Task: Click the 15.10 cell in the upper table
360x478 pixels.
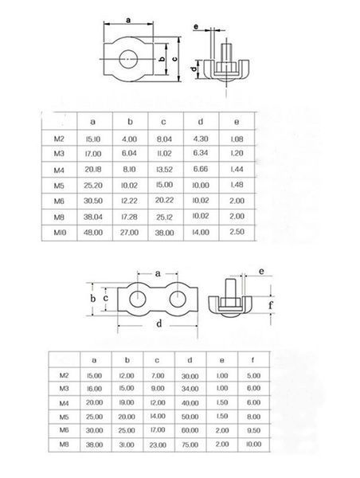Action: click(93, 139)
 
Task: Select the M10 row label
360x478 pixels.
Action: click(60, 233)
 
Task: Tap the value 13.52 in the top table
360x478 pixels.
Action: click(164, 170)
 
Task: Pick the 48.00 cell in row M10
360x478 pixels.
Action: click(93, 233)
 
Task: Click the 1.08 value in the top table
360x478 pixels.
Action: click(237, 139)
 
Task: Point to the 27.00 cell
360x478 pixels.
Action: click(129, 233)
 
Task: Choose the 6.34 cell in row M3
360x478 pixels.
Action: click(201, 153)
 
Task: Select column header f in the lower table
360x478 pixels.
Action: click(252, 360)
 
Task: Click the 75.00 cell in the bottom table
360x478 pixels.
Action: click(190, 445)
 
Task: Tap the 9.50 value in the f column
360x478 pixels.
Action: click(253, 430)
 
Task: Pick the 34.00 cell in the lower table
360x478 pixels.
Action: click(190, 389)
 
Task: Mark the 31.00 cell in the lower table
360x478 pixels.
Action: click(127, 445)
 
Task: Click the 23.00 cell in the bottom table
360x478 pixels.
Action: click(158, 445)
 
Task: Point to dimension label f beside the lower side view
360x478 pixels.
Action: click(270, 304)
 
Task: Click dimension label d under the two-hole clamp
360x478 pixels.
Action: click(158, 323)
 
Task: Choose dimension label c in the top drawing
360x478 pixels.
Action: click(174, 59)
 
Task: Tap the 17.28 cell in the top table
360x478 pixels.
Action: click(129, 217)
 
